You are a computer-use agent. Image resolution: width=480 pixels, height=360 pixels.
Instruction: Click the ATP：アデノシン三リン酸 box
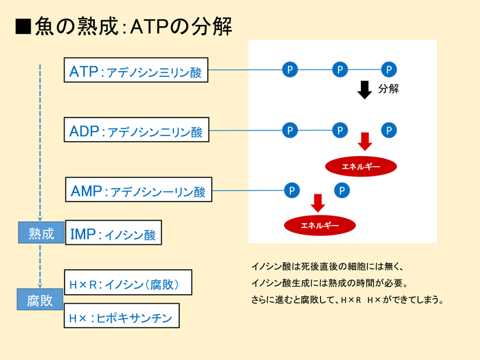coord(136,70)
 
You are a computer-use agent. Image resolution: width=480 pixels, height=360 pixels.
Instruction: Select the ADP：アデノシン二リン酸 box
coord(136,130)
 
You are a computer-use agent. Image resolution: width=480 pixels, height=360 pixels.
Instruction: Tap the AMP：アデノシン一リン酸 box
coord(139,189)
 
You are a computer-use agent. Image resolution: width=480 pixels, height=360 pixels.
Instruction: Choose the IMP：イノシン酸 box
coord(113,233)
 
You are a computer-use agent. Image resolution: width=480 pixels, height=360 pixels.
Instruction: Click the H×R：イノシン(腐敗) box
coord(128,283)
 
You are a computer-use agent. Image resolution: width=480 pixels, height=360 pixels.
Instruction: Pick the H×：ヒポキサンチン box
coord(122,316)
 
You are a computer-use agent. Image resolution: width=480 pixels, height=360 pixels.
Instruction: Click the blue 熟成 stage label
coord(41,233)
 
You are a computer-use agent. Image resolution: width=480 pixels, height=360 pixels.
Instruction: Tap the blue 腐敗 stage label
coord(40,299)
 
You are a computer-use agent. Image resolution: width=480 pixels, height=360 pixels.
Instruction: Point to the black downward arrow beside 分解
coord(365,90)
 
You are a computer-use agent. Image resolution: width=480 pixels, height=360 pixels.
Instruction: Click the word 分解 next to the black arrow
coord(388,89)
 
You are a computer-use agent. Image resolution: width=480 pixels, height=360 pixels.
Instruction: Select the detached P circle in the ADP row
coord(389,130)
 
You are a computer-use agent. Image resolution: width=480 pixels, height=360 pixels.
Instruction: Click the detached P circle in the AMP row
coord(342,191)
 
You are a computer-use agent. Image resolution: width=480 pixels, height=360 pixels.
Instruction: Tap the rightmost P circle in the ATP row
coord(389,70)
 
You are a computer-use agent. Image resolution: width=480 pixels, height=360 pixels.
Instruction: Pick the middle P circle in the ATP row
coord(340,70)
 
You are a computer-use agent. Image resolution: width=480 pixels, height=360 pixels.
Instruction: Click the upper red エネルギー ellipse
coord(361,167)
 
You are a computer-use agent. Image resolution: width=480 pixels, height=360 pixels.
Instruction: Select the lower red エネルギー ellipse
coord(320,226)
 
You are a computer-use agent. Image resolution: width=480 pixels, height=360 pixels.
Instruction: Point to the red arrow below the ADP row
coord(365,141)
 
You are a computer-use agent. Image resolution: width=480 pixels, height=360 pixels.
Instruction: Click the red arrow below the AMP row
coord(318,203)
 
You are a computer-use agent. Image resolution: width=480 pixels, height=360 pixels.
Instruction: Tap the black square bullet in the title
coord(23,27)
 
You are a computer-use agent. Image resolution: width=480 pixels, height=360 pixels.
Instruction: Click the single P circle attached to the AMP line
coord(292,191)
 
